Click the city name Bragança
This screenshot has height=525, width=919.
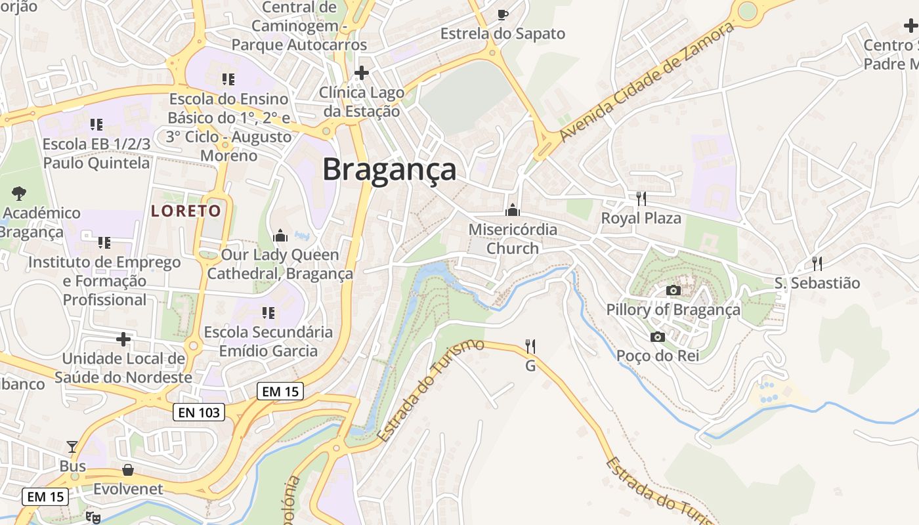pos(389,169)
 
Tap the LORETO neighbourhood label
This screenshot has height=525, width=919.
pos(186,211)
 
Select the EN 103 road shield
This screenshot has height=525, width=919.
pos(199,412)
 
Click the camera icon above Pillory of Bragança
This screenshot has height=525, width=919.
pos(673,290)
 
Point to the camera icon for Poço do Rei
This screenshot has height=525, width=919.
pos(657,337)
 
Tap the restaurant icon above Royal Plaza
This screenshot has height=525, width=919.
pos(641,198)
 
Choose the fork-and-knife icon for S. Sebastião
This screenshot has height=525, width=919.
pos(817,263)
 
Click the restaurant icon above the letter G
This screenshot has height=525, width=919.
pos(530,346)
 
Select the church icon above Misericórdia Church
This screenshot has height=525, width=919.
pos(512,210)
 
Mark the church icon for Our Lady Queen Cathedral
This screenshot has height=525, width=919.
pos(280,235)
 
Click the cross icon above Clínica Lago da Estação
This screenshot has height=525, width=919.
pos(361,72)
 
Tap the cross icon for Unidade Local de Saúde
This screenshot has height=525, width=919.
pos(123,339)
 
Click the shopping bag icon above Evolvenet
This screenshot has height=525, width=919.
pos(128,470)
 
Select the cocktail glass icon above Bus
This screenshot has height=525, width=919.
pos(72,447)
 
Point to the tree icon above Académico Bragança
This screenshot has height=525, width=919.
pos(19,193)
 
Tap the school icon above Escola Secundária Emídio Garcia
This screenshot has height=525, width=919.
pos(268,312)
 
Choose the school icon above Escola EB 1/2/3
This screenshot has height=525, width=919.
pos(96,124)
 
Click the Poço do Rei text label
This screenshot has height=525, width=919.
pos(657,356)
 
